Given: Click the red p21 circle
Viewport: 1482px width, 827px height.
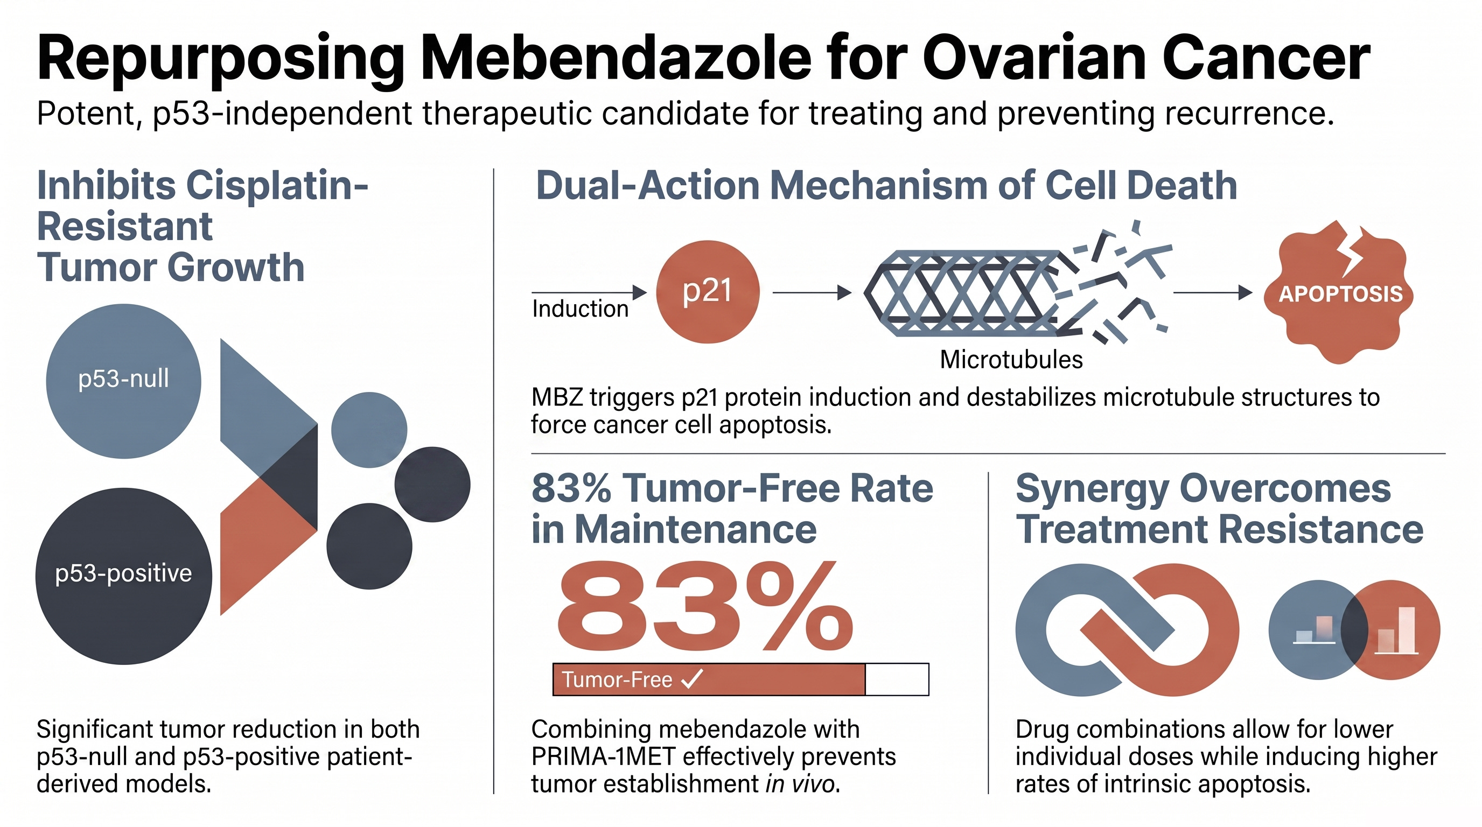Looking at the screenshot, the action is (708, 292).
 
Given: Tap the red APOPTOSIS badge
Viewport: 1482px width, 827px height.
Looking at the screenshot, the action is (1339, 293).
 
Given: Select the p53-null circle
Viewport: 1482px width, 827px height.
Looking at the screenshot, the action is (124, 381).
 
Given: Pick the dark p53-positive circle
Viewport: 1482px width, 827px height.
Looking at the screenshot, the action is (124, 576).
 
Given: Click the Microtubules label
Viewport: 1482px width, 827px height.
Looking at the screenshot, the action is (1011, 360).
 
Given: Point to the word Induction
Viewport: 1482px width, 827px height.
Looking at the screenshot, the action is (580, 309).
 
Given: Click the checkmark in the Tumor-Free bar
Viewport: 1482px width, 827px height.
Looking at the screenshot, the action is (691, 679).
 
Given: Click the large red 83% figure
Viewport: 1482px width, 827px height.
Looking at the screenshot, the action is (705, 607).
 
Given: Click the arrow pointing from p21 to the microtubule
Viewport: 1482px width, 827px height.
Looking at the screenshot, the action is (812, 293).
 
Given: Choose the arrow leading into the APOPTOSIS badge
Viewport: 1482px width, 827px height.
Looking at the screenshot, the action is (1213, 293).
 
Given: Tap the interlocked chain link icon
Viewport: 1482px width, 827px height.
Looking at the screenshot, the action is (1127, 630).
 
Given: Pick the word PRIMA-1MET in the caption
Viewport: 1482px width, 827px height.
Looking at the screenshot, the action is (603, 757).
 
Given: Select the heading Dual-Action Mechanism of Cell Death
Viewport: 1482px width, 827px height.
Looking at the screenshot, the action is (886, 186).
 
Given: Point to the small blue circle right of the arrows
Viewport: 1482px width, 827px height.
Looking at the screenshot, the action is (369, 430).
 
